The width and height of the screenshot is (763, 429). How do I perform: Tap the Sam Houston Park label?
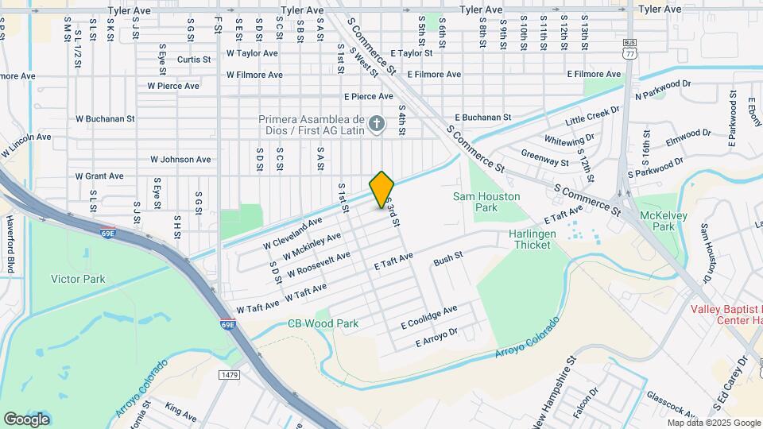[486, 202]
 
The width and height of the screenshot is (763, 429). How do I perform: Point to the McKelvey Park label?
[657, 220]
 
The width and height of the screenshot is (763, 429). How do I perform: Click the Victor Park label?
[78, 279]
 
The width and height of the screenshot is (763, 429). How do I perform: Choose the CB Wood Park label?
[323, 323]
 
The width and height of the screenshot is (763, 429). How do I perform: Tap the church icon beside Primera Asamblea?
[378, 123]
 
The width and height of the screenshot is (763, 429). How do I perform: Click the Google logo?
[26, 419]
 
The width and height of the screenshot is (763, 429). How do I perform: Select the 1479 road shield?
[229, 374]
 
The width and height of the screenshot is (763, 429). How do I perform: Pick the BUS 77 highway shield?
[629, 51]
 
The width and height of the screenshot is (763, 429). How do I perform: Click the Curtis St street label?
[194, 59]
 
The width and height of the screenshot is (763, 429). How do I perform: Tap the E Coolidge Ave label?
[429, 317]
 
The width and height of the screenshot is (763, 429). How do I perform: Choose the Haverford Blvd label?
[11, 242]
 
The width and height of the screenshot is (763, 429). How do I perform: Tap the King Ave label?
[181, 411]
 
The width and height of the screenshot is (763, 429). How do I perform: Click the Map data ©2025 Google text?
[713, 423]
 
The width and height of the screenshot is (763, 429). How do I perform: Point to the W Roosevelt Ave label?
[319, 264]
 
